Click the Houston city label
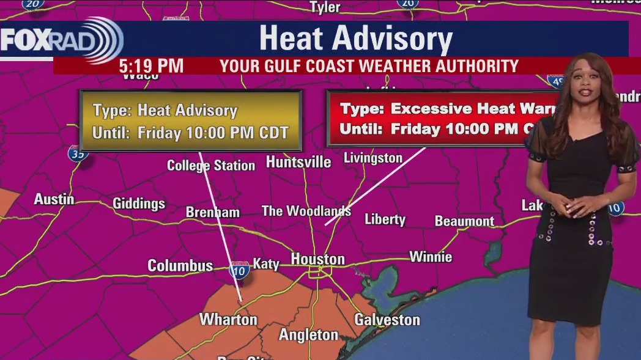click(317, 259)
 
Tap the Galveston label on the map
click(387, 319)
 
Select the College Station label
click(211, 166)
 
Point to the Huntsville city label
click(298, 162)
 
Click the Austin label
click(54, 199)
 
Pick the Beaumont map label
click(464, 221)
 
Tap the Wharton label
click(228, 320)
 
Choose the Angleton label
click(308, 335)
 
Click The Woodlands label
click(306, 211)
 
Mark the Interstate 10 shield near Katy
click(239, 270)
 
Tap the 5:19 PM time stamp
click(151, 66)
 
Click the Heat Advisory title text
click(355, 39)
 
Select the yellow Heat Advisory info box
click(191, 121)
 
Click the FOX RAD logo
click(61, 40)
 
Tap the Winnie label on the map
click(431, 256)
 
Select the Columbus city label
click(180, 266)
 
